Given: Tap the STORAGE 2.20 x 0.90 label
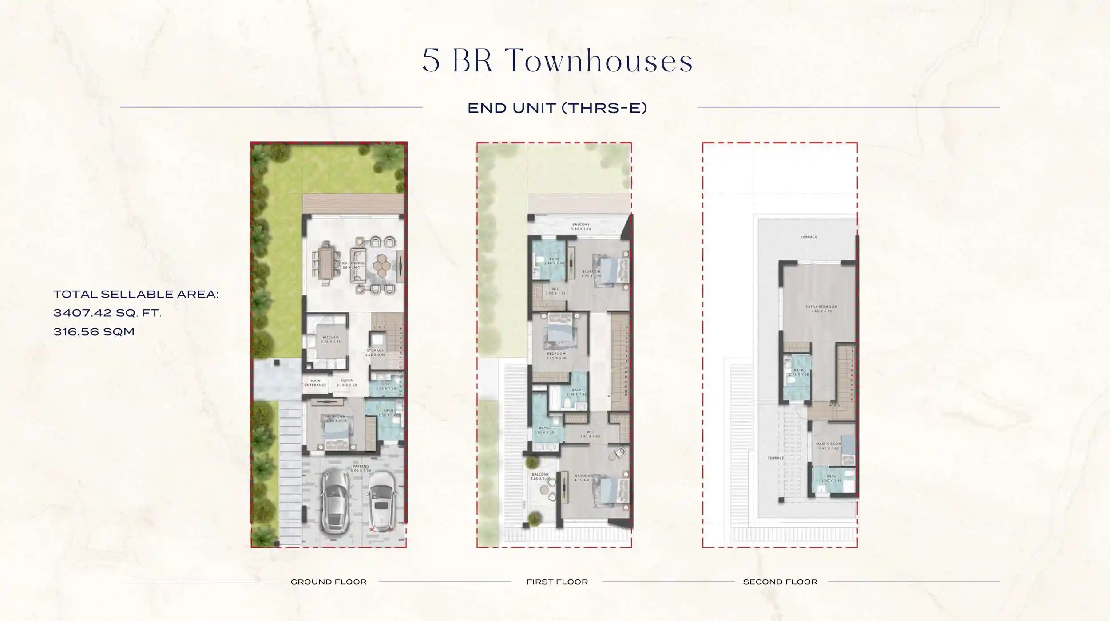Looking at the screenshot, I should pyautogui.click(x=375, y=353).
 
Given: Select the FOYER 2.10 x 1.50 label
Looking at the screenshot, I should pyautogui.click(x=347, y=383).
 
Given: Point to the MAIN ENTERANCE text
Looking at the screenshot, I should pyautogui.click(x=316, y=383).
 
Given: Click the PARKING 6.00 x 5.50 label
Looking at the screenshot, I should pyautogui.click(x=361, y=468).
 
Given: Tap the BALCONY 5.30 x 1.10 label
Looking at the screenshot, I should pyautogui.click(x=581, y=227).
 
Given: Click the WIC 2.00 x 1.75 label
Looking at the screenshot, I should pyautogui.click(x=555, y=291).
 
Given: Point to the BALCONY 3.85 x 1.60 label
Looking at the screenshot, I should pyautogui.click(x=540, y=476).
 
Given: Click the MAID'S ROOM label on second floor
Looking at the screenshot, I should pyautogui.click(x=829, y=446).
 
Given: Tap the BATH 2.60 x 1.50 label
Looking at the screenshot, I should pyautogui.click(x=831, y=478).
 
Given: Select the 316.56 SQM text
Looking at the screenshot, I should pyautogui.click(x=94, y=332).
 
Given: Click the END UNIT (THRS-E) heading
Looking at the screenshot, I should pyautogui.click(x=557, y=108).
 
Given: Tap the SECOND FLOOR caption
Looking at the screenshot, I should pyautogui.click(x=780, y=582).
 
